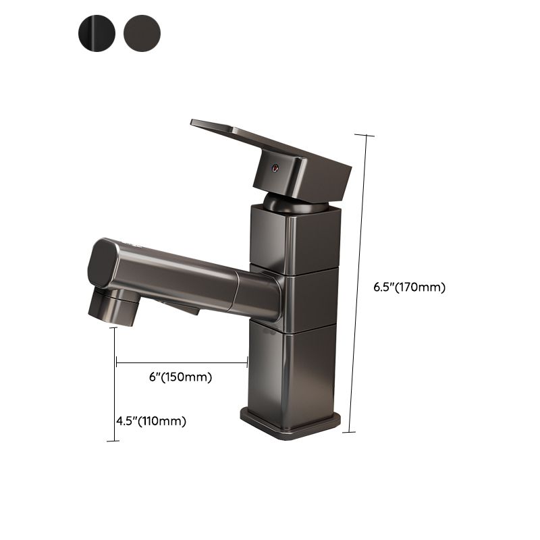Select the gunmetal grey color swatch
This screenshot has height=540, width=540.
(x=142, y=30)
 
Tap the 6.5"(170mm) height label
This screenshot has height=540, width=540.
(x=409, y=286)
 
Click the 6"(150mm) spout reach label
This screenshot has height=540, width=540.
(x=180, y=377)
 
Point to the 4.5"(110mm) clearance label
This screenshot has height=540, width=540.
(x=151, y=421)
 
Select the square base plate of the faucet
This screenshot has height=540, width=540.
(x=290, y=422)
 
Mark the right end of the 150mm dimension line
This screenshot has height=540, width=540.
(x=247, y=362)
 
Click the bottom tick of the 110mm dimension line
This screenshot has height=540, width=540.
(x=113, y=441)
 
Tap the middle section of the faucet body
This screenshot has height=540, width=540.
(x=307, y=298)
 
